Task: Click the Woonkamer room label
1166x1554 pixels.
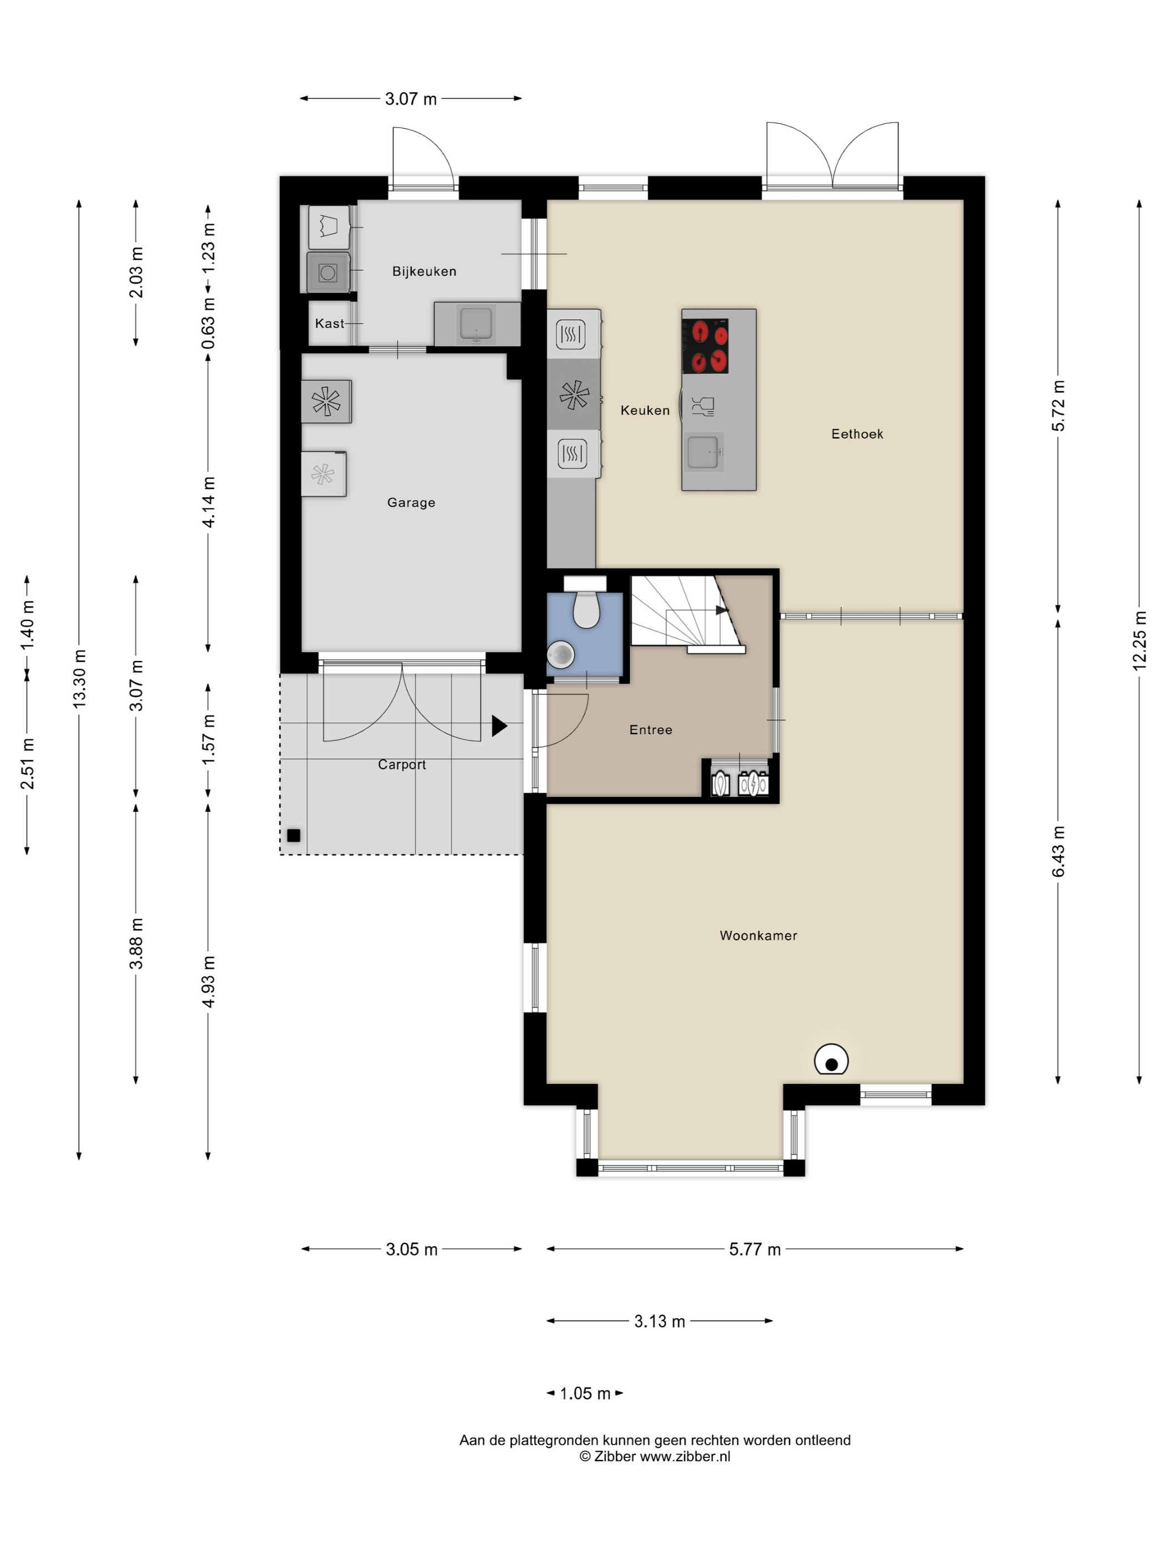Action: (758, 935)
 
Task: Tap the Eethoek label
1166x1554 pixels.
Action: (857, 433)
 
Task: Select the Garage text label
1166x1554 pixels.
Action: (411, 502)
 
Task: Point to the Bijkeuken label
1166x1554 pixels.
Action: (424, 271)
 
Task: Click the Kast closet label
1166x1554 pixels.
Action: (330, 323)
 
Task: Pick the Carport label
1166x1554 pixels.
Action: (402, 764)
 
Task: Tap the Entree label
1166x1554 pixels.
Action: (651, 730)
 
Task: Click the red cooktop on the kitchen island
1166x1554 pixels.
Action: (705, 346)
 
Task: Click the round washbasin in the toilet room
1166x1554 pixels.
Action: (560, 655)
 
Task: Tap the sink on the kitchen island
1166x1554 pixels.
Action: (705, 451)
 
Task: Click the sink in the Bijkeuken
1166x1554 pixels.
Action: (476, 323)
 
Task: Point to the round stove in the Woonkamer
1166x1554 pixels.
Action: (831, 1060)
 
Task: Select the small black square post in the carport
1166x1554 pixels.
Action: (294, 835)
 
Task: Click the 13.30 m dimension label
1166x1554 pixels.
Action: (79, 678)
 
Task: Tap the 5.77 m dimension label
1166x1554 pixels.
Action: (755, 1249)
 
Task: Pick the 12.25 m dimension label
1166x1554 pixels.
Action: (1139, 640)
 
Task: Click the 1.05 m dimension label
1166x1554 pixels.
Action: (585, 1393)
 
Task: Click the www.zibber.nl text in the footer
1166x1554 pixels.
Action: (685, 1456)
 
